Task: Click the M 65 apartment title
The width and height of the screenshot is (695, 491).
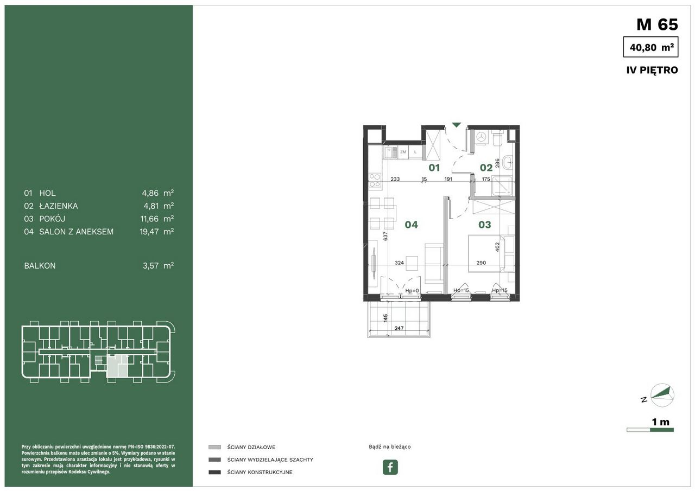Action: click(657, 25)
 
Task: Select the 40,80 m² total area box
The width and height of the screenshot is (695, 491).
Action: click(650, 47)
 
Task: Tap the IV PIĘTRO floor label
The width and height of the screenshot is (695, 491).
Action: click(652, 70)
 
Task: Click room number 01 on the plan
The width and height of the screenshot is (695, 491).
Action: click(434, 168)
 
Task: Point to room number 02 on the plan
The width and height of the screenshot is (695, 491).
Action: click(486, 168)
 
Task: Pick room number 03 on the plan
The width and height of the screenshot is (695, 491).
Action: click(485, 225)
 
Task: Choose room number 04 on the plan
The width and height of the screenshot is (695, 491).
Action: click(412, 225)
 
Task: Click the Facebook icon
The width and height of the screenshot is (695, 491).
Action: click(390, 467)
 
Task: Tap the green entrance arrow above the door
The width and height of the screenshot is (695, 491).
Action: click(456, 125)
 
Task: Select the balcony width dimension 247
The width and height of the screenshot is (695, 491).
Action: click(399, 328)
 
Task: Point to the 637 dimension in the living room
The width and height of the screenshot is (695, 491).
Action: click(386, 237)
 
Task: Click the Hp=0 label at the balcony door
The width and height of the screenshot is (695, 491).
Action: click(412, 290)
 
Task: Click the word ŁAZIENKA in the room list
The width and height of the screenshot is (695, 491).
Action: click(59, 206)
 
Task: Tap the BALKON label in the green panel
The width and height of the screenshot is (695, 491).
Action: click(40, 266)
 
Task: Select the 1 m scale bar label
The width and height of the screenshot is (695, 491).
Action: click(661, 422)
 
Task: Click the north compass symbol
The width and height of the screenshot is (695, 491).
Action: click(662, 395)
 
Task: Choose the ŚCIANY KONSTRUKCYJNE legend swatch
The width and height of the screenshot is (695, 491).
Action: click(214, 472)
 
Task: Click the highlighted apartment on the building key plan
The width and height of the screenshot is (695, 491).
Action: click(117, 366)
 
